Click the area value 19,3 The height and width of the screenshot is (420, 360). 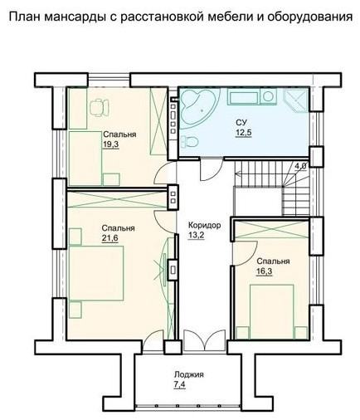[111, 144]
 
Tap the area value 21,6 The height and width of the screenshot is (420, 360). [109, 238]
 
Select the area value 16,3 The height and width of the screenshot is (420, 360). [265, 271]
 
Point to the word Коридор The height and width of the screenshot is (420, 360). [204, 225]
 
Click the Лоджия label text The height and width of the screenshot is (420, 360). [189, 374]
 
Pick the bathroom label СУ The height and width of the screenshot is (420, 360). [241, 122]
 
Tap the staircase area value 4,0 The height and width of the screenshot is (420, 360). [300, 166]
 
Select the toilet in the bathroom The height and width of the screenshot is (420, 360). [189, 142]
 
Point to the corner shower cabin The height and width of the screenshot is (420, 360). [296, 100]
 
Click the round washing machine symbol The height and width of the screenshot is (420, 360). [268, 96]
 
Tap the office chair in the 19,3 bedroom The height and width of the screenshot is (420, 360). [99, 107]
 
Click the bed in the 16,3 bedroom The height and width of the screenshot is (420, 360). [271, 311]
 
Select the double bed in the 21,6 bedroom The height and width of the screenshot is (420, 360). [96, 273]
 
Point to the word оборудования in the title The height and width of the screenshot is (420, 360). [309, 17]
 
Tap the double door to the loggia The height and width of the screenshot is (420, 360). [205, 341]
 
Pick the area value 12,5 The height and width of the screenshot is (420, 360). [243, 133]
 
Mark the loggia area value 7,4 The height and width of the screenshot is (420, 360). [180, 384]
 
